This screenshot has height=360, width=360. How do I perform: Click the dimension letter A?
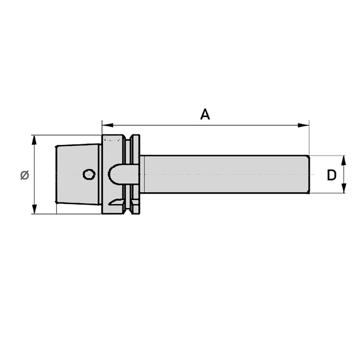[205, 114]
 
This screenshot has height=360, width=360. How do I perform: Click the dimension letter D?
[332, 175]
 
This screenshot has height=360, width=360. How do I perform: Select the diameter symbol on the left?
[24, 175]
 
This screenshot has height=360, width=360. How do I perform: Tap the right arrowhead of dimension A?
[303, 125]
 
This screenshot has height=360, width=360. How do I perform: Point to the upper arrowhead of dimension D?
[343, 161]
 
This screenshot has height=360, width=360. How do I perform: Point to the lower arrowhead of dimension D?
[343, 188]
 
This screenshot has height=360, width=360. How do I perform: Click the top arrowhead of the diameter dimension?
[34, 140]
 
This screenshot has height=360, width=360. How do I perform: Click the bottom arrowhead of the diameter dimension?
[34, 208]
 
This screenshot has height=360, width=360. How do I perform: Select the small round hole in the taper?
[89, 175]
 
